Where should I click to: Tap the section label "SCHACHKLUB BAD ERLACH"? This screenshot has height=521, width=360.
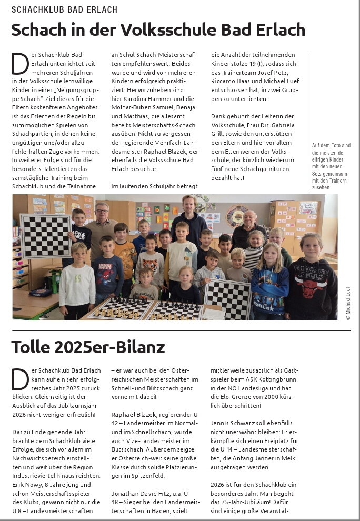(64, 9)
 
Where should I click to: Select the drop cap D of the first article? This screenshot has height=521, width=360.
(18, 63)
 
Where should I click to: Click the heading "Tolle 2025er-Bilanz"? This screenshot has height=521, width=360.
(88, 347)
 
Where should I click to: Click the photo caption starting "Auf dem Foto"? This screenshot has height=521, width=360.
(331, 166)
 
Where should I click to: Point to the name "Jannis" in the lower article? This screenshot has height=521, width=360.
(221, 423)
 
